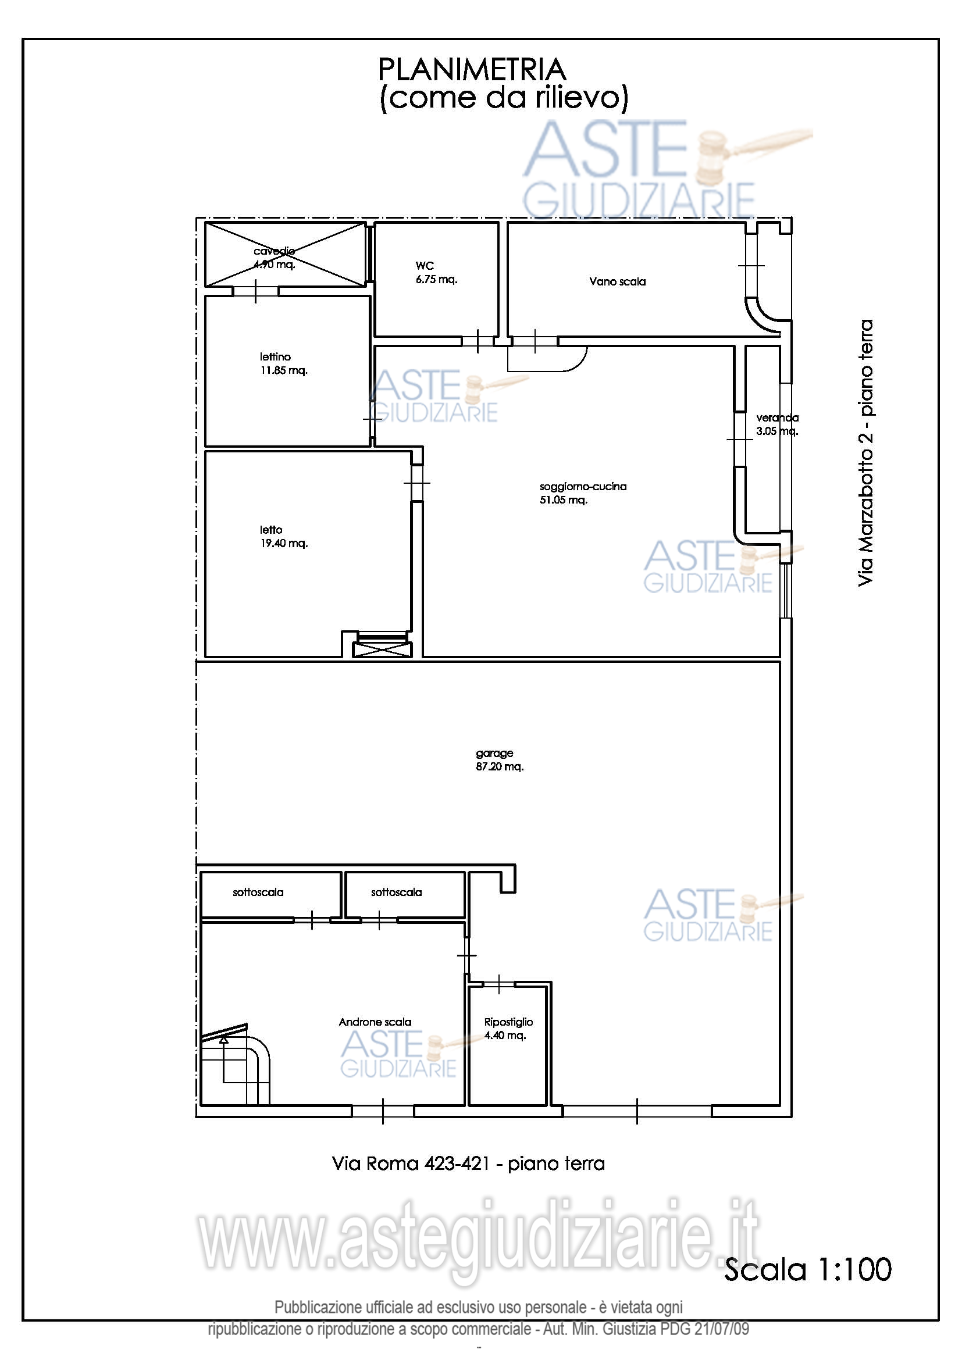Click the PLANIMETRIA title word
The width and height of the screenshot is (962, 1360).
point(472,70)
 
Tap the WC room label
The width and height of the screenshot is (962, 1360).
point(425,266)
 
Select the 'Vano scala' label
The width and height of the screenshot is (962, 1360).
point(617,281)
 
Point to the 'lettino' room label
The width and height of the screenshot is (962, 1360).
point(275,356)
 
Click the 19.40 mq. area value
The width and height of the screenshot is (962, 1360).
point(284,543)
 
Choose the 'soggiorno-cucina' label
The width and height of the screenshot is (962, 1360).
point(583,486)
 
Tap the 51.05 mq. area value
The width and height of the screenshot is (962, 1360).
point(564,500)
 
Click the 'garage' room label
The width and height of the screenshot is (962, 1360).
point(494,754)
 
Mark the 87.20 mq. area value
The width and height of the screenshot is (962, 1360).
point(500,766)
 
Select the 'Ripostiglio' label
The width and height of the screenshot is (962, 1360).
point(508,1022)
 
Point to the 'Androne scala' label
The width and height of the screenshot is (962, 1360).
point(375,1022)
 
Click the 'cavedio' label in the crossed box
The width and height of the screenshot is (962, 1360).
point(275,251)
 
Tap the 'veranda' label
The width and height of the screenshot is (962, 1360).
point(777,417)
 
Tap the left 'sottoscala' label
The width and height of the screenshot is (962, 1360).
point(258,892)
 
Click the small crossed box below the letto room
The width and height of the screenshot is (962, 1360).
point(382,650)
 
